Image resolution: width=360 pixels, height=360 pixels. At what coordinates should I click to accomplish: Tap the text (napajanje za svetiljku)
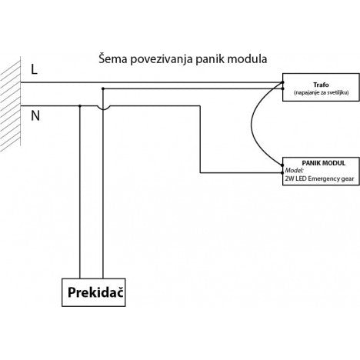click(x=321, y=92)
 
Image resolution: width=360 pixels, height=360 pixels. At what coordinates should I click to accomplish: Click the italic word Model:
click(x=295, y=170)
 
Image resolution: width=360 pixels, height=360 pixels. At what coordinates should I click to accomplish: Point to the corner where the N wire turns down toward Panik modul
click(x=201, y=106)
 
